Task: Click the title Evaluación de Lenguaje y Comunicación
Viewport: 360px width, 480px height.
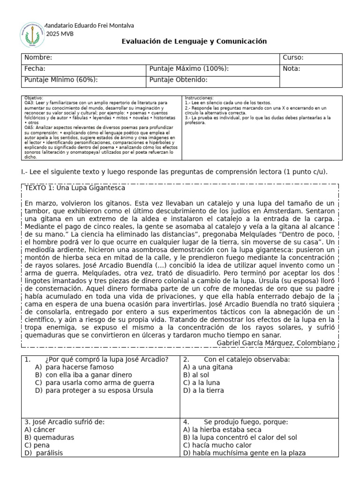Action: point(194,41)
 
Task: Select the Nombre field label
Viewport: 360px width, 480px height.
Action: point(38,58)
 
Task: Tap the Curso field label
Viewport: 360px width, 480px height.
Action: point(293,58)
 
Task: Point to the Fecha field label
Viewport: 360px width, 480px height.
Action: point(35,69)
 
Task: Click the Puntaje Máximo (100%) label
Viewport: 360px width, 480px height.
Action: point(189,69)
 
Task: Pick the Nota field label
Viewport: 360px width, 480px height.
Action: point(292,69)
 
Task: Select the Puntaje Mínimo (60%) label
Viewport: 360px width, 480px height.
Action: point(61,80)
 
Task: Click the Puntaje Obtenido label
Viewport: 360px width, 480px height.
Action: point(178,80)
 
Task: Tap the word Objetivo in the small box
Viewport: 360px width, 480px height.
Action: point(33,97)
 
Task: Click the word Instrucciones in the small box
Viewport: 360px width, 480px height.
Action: point(199,97)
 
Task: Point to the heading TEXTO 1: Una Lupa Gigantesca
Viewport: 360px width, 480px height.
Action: point(75,188)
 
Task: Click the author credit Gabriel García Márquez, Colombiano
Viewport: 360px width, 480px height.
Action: point(277,343)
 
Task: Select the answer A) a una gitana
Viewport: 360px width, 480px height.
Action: point(208,367)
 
